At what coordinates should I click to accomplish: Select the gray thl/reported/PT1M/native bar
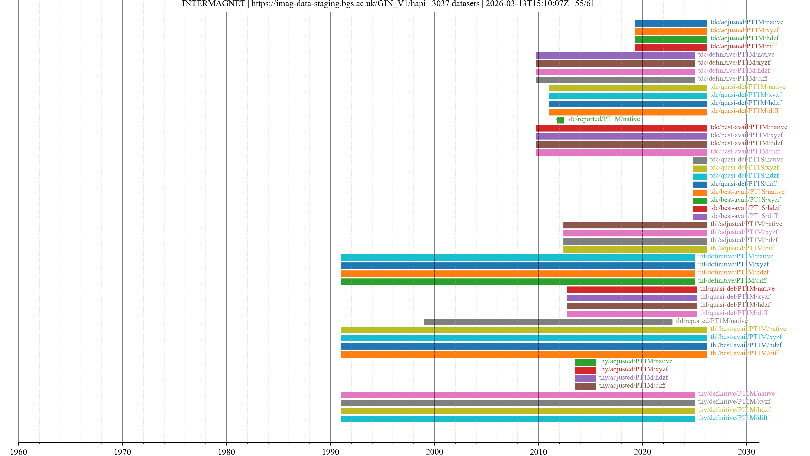(x=548, y=322)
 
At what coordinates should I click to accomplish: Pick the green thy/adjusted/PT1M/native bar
(x=585, y=362)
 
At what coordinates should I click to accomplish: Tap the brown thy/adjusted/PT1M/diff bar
(x=585, y=387)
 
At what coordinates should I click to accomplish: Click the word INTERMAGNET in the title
(x=213, y=4)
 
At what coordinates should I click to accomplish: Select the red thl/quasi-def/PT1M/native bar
(x=632, y=289)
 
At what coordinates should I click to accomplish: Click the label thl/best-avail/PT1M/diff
(x=745, y=353)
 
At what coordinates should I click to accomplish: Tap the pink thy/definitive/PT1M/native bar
(x=518, y=395)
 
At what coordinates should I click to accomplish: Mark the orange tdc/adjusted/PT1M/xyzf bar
(x=671, y=31)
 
